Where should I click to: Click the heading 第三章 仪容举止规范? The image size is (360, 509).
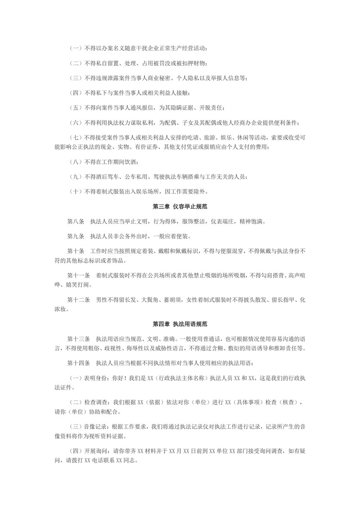[x=180, y=206]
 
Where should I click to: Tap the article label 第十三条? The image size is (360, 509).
[x=77, y=338]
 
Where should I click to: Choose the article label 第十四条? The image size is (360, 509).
[x=77, y=362]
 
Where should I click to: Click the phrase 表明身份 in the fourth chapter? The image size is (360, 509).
[x=95, y=377]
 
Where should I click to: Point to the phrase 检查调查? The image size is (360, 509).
[x=95, y=401]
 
